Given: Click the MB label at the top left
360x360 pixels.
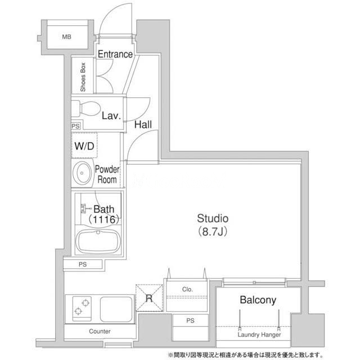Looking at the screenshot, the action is point(66,37).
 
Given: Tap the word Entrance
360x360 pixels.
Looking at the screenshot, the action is point(115,54).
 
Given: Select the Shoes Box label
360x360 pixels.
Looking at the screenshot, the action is point(83,77).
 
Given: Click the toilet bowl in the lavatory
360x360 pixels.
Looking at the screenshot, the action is point(90,109).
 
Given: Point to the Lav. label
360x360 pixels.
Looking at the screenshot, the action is point(111,116).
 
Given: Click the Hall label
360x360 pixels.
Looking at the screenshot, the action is point(143,125).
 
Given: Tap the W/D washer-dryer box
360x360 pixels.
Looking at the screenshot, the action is point(84,146).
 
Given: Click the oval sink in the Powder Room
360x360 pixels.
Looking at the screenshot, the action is point(82,173).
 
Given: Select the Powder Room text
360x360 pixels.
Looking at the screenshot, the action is point(107,174).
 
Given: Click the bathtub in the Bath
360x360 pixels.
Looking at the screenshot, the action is point(98,241).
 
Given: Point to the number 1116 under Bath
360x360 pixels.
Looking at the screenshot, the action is point(104,219).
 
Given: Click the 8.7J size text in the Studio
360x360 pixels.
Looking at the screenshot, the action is point(213,231).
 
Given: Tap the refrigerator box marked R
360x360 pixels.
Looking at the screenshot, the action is point(149,298).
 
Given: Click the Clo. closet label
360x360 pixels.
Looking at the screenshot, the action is point(187,289).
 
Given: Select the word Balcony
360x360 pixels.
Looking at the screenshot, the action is point(258,300).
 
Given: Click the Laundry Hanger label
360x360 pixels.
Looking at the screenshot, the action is point(259,335).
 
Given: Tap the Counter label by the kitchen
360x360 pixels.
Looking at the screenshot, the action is point(100,331).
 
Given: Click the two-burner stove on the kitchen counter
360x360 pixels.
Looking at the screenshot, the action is point(82,309).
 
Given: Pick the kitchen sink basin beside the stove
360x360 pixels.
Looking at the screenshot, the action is point(116,309).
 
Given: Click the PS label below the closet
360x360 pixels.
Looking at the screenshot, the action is point(190,321).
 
